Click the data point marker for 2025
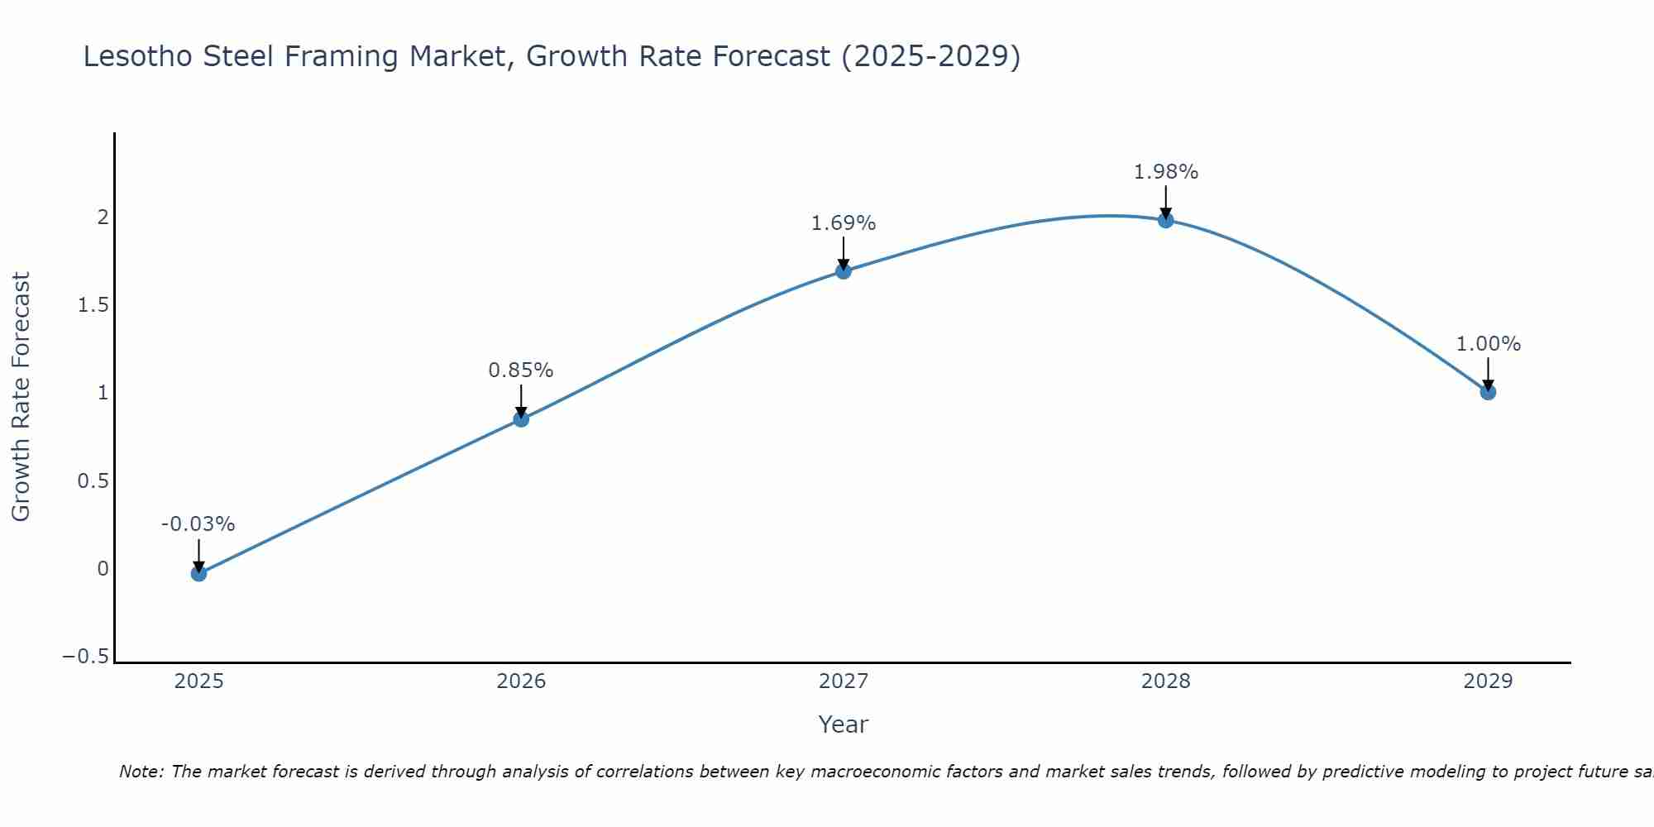[198, 573]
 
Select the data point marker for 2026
[521, 419]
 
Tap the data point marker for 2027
[844, 271]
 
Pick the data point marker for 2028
[1166, 220]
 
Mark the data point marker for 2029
[1488, 392]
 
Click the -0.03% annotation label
[198, 524]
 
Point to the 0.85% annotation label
[520, 370]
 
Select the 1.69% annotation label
[843, 223]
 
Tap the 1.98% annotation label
[1165, 172]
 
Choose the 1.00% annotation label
[1488, 344]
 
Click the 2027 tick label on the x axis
[844, 681]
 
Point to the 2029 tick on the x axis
[1488, 681]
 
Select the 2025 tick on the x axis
[198, 681]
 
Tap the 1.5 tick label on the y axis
[93, 305]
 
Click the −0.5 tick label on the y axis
[86, 657]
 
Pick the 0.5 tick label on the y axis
[93, 480]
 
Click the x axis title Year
[843, 725]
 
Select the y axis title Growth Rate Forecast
[22, 397]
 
